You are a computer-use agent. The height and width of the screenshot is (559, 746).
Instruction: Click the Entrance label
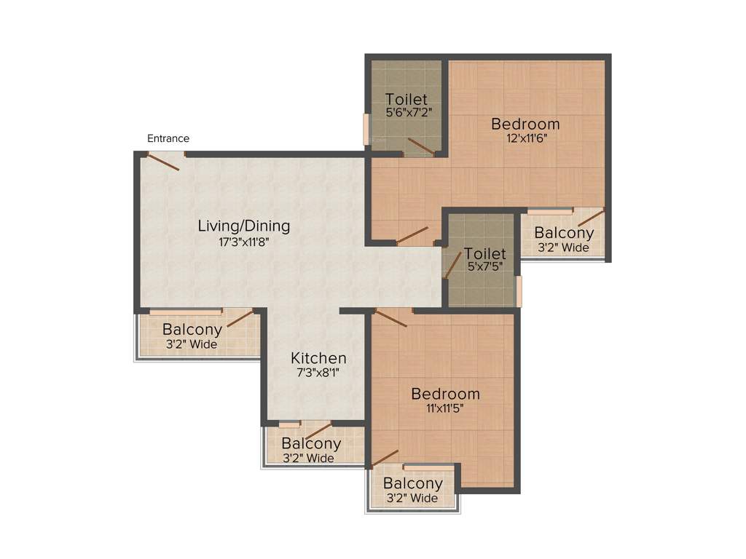pos(168,138)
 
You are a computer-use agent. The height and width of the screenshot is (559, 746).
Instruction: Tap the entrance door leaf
pos(164,161)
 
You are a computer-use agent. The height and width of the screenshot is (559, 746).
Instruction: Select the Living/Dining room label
pos(244,226)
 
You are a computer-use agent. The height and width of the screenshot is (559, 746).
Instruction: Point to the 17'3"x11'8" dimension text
pos(244,243)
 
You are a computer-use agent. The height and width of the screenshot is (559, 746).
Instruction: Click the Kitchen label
pos(318,358)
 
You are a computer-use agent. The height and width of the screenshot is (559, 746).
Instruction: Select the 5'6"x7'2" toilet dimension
pos(407,114)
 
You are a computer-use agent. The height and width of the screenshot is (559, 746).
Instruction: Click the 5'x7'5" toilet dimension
pos(485,266)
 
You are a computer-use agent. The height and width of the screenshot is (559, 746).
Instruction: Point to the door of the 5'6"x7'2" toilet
pos(421,146)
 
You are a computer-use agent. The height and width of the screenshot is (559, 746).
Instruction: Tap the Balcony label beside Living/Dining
pos(192,329)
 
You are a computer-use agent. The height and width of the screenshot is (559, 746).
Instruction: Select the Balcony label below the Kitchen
pos(311,443)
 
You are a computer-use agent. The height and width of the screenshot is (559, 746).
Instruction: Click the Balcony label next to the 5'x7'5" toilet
pos(564,233)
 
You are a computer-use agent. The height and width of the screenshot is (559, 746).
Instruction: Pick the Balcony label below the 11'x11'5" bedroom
pos(413,483)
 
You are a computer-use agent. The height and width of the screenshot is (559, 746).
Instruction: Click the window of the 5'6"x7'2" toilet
pos(366,130)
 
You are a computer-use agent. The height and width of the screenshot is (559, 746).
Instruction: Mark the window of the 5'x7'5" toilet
pos(519,291)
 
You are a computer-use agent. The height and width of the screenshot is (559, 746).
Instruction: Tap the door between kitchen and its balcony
pos(318,431)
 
